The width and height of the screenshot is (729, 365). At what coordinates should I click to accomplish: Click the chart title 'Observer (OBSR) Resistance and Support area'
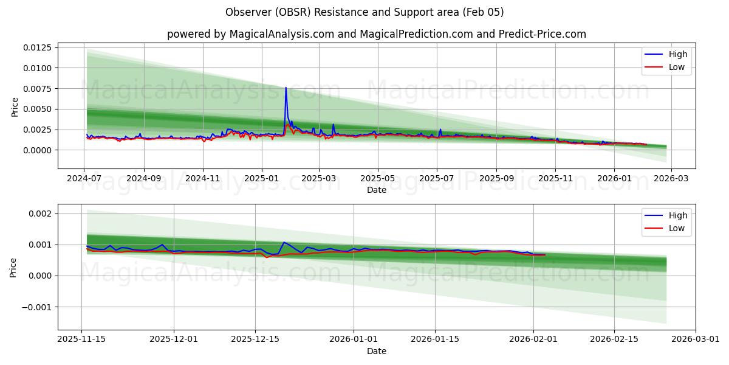tap(364, 12)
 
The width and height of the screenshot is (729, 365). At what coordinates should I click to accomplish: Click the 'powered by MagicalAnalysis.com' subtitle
tap(376, 34)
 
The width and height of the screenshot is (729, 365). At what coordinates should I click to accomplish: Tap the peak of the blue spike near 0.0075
tap(286, 88)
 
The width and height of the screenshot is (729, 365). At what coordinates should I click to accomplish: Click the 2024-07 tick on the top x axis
tap(84, 179)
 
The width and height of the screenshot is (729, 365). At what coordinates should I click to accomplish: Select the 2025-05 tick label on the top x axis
tap(378, 179)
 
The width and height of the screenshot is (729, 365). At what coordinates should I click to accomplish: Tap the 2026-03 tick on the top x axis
tap(671, 179)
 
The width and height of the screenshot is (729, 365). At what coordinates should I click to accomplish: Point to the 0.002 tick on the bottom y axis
tap(43, 214)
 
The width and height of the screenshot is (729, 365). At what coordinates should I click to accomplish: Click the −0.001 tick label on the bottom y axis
tap(38, 307)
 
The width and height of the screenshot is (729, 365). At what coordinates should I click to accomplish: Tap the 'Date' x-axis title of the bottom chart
tap(376, 352)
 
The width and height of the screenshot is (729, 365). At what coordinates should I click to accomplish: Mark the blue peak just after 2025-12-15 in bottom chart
tap(284, 242)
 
